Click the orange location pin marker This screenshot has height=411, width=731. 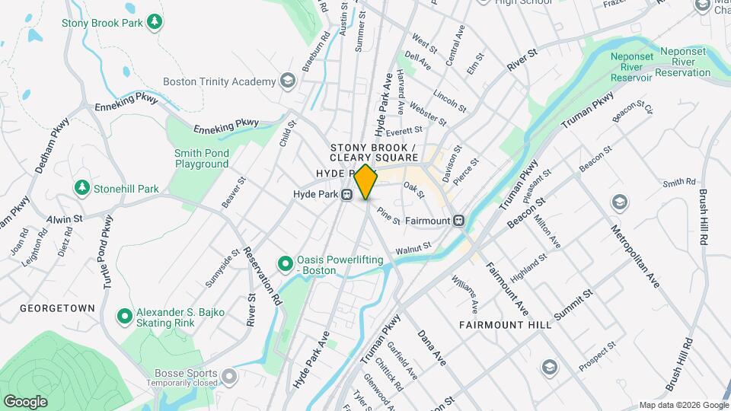click(365, 182)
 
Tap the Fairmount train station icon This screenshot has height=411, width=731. click(458, 221)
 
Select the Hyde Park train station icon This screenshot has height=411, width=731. click(347, 195)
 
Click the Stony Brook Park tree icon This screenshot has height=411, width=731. click(155, 21)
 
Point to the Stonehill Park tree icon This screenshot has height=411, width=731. click(81, 187)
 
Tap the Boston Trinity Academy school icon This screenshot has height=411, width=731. click(287, 81)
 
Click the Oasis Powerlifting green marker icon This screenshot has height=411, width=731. click(286, 263)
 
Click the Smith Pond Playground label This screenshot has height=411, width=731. click(202, 158)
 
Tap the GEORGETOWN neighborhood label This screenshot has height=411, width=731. click(58, 308)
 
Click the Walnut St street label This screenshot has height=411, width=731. click(413, 247)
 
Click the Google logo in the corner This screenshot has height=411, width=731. click(25, 401)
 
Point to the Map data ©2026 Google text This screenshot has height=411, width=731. click(683, 404)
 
